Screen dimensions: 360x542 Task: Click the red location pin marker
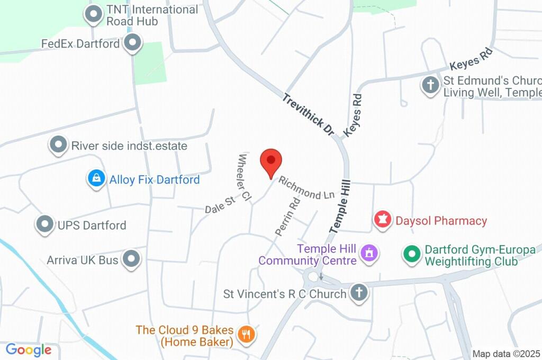pos(271,160)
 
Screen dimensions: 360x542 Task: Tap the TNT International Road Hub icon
pos(94,15)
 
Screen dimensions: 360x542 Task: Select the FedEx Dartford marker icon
pos(132,43)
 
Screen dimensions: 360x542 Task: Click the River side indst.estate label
pos(129,146)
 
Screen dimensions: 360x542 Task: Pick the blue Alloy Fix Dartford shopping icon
pos(96,179)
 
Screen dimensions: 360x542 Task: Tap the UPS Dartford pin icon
pos(45,225)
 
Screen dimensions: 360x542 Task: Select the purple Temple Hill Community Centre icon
pos(367,253)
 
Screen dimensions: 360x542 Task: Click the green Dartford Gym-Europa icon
pos(411,254)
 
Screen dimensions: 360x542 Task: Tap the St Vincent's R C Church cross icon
pos(359,293)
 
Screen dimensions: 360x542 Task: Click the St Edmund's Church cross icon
pos(430,84)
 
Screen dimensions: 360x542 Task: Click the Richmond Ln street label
pos(306,187)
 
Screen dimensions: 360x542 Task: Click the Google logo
pos(29,349)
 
